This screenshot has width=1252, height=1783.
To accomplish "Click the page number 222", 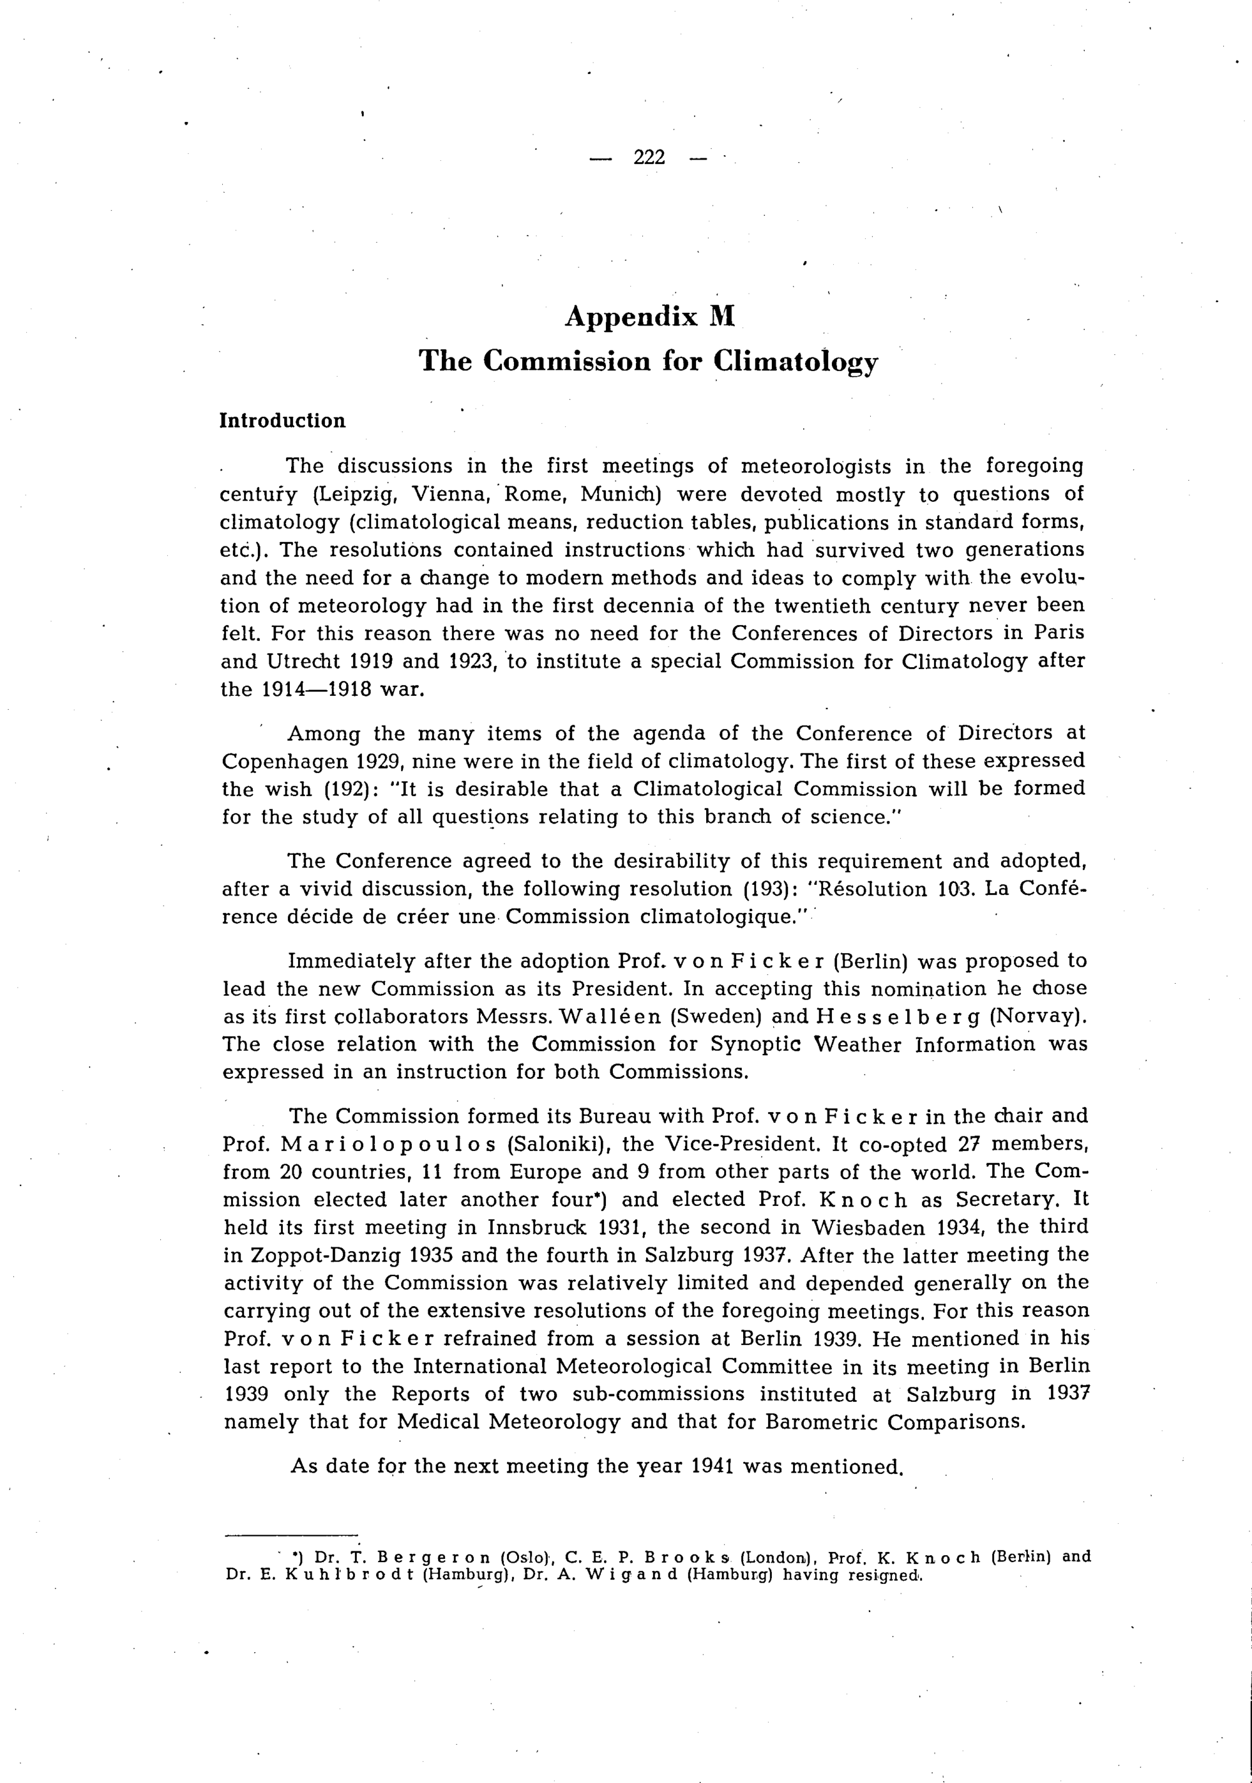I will (649, 158).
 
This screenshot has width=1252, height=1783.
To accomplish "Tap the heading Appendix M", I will (649, 317).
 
